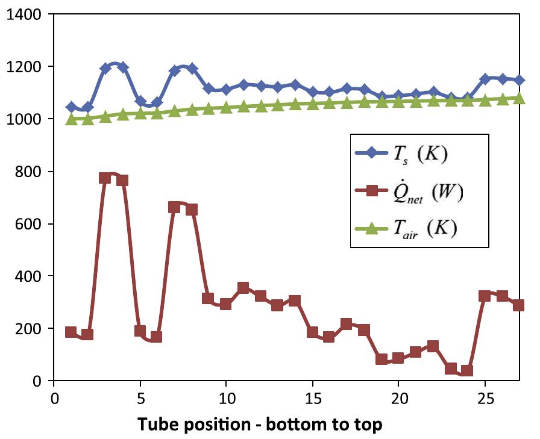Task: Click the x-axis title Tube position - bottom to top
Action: click(x=260, y=424)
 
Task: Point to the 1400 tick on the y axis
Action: click(x=24, y=14)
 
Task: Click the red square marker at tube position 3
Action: click(x=105, y=178)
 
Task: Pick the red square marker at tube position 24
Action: click(x=467, y=370)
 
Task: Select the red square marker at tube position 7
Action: click(x=174, y=207)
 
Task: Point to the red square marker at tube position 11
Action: click(x=243, y=288)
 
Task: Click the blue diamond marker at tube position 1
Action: click(x=71, y=107)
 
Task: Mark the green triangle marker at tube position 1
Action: click(x=71, y=119)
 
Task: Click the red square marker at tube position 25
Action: click(x=484, y=296)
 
